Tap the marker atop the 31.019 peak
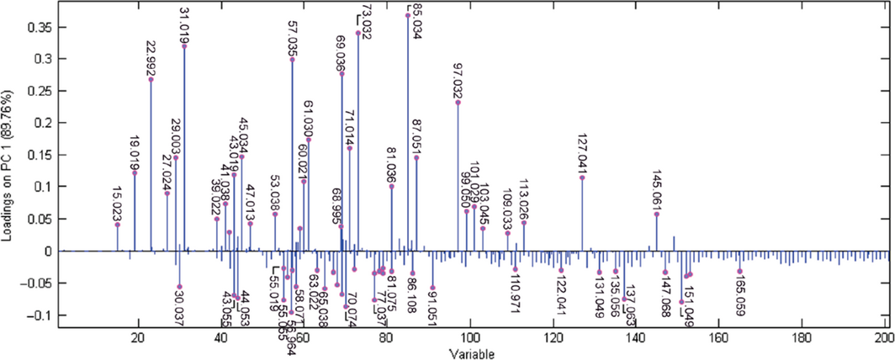click(184, 46)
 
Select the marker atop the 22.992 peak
click(151, 79)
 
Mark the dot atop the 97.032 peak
click(458, 103)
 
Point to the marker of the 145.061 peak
click(656, 214)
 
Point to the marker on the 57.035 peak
click(292, 60)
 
